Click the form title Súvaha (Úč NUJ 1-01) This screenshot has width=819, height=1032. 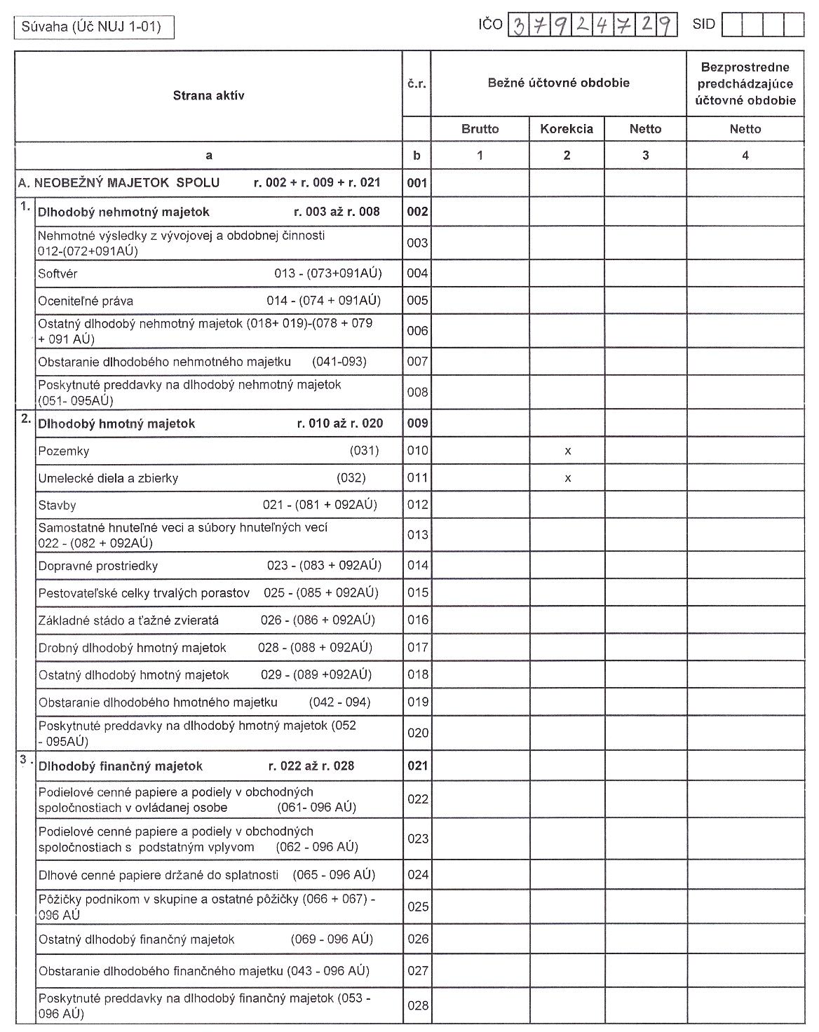tap(92, 27)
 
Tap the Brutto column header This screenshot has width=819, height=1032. tap(480, 129)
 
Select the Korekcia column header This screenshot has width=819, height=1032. tap(566, 129)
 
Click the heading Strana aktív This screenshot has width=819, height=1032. tap(208, 96)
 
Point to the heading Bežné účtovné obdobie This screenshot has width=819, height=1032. tap(558, 83)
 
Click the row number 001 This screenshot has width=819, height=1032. tap(417, 184)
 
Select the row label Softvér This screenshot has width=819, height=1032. tap(57, 273)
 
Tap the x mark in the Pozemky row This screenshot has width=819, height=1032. tap(567, 451)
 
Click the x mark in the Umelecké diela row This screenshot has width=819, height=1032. tap(567, 479)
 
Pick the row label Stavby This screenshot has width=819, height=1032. tap(57, 505)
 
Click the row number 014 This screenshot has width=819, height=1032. tap(417, 566)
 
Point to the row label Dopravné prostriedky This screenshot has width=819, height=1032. tap(97, 566)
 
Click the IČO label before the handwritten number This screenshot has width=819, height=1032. tap(490, 25)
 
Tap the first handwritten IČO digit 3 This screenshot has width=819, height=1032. tap(518, 26)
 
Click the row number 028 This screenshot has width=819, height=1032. tap(417, 1005)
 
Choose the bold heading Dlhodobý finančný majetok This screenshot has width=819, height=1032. tap(120, 766)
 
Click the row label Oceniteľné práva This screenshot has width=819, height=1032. tap(86, 301)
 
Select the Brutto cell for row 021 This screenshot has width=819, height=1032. tap(480, 766)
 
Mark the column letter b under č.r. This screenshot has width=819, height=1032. tap(417, 156)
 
